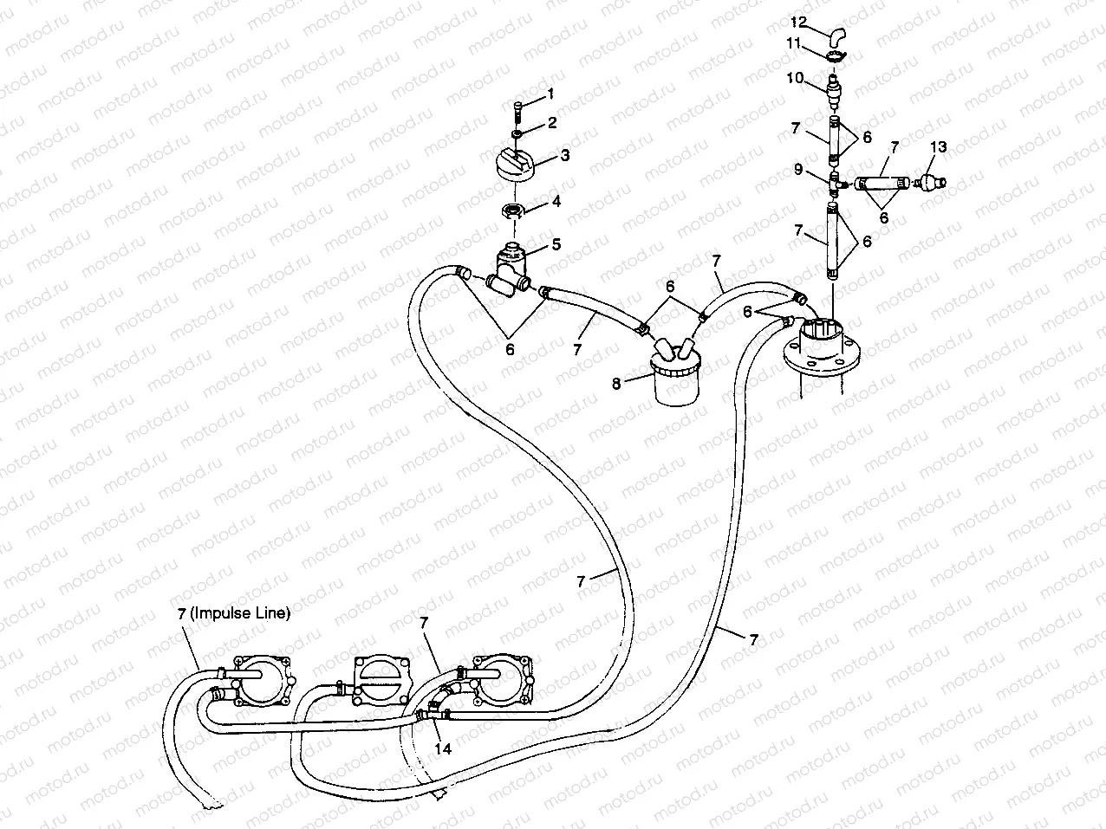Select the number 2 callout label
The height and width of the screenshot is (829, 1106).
pos(551,123)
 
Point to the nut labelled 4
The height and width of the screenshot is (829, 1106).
pos(514,210)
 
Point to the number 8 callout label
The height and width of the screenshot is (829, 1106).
pos(617,382)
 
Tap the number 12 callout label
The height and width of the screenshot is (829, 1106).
pos(798,21)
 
